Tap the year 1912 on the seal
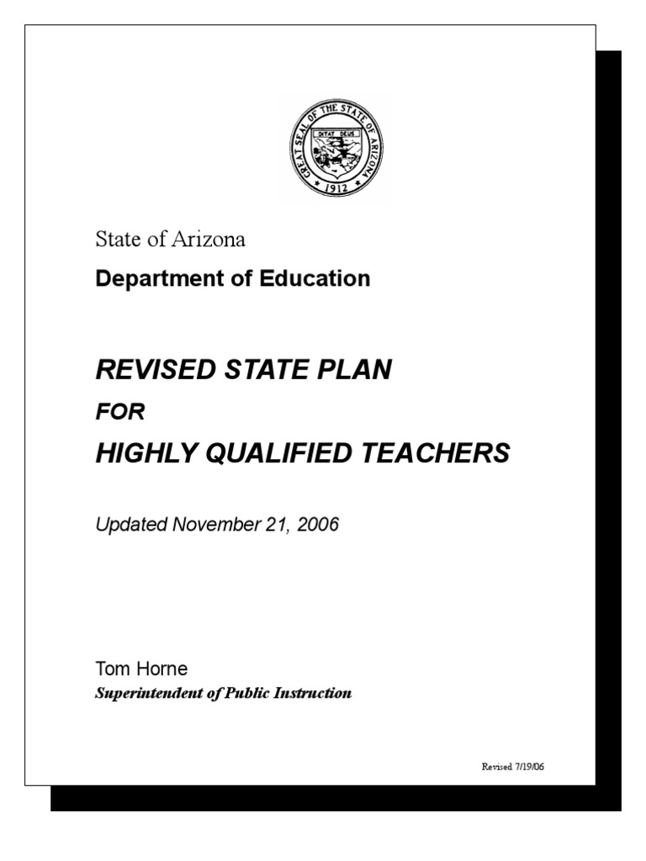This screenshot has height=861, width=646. (336, 189)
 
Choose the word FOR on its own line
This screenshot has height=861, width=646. (121, 412)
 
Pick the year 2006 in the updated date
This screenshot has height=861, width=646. (314, 526)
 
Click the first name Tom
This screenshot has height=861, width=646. (110, 669)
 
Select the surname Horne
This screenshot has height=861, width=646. (160, 669)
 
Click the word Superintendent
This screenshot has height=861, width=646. (146, 694)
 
